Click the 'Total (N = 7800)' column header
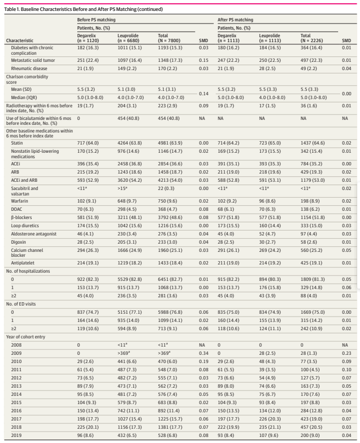click(170, 37)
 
